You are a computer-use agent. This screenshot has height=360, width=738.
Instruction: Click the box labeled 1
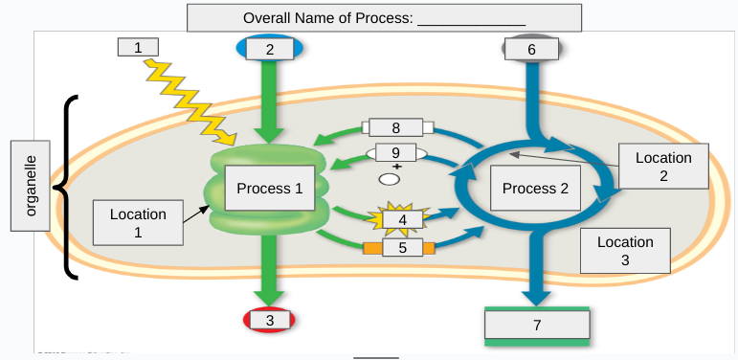(x=137, y=47)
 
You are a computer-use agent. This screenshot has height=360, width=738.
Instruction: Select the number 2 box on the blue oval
(x=269, y=49)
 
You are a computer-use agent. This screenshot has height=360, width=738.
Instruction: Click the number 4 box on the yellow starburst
(x=402, y=219)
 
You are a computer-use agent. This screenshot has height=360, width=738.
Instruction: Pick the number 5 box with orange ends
(x=401, y=248)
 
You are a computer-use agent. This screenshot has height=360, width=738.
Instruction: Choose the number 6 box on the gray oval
(x=531, y=49)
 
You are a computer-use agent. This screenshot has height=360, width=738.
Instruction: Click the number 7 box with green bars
(x=536, y=326)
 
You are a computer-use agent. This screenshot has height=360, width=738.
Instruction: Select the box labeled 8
(x=396, y=127)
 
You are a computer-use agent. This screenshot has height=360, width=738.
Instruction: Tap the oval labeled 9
(x=395, y=153)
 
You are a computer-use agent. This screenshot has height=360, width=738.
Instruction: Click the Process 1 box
(x=270, y=189)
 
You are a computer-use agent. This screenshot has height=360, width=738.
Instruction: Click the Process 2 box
(x=535, y=189)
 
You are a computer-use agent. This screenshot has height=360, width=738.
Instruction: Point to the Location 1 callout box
(x=138, y=223)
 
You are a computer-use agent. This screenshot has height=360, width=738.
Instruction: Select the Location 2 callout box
(x=663, y=167)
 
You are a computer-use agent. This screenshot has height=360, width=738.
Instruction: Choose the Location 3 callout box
(x=625, y=251)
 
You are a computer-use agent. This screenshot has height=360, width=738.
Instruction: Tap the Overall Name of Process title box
(x=384, y=18)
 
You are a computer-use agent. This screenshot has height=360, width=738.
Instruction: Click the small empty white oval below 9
(x=389, y=178)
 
